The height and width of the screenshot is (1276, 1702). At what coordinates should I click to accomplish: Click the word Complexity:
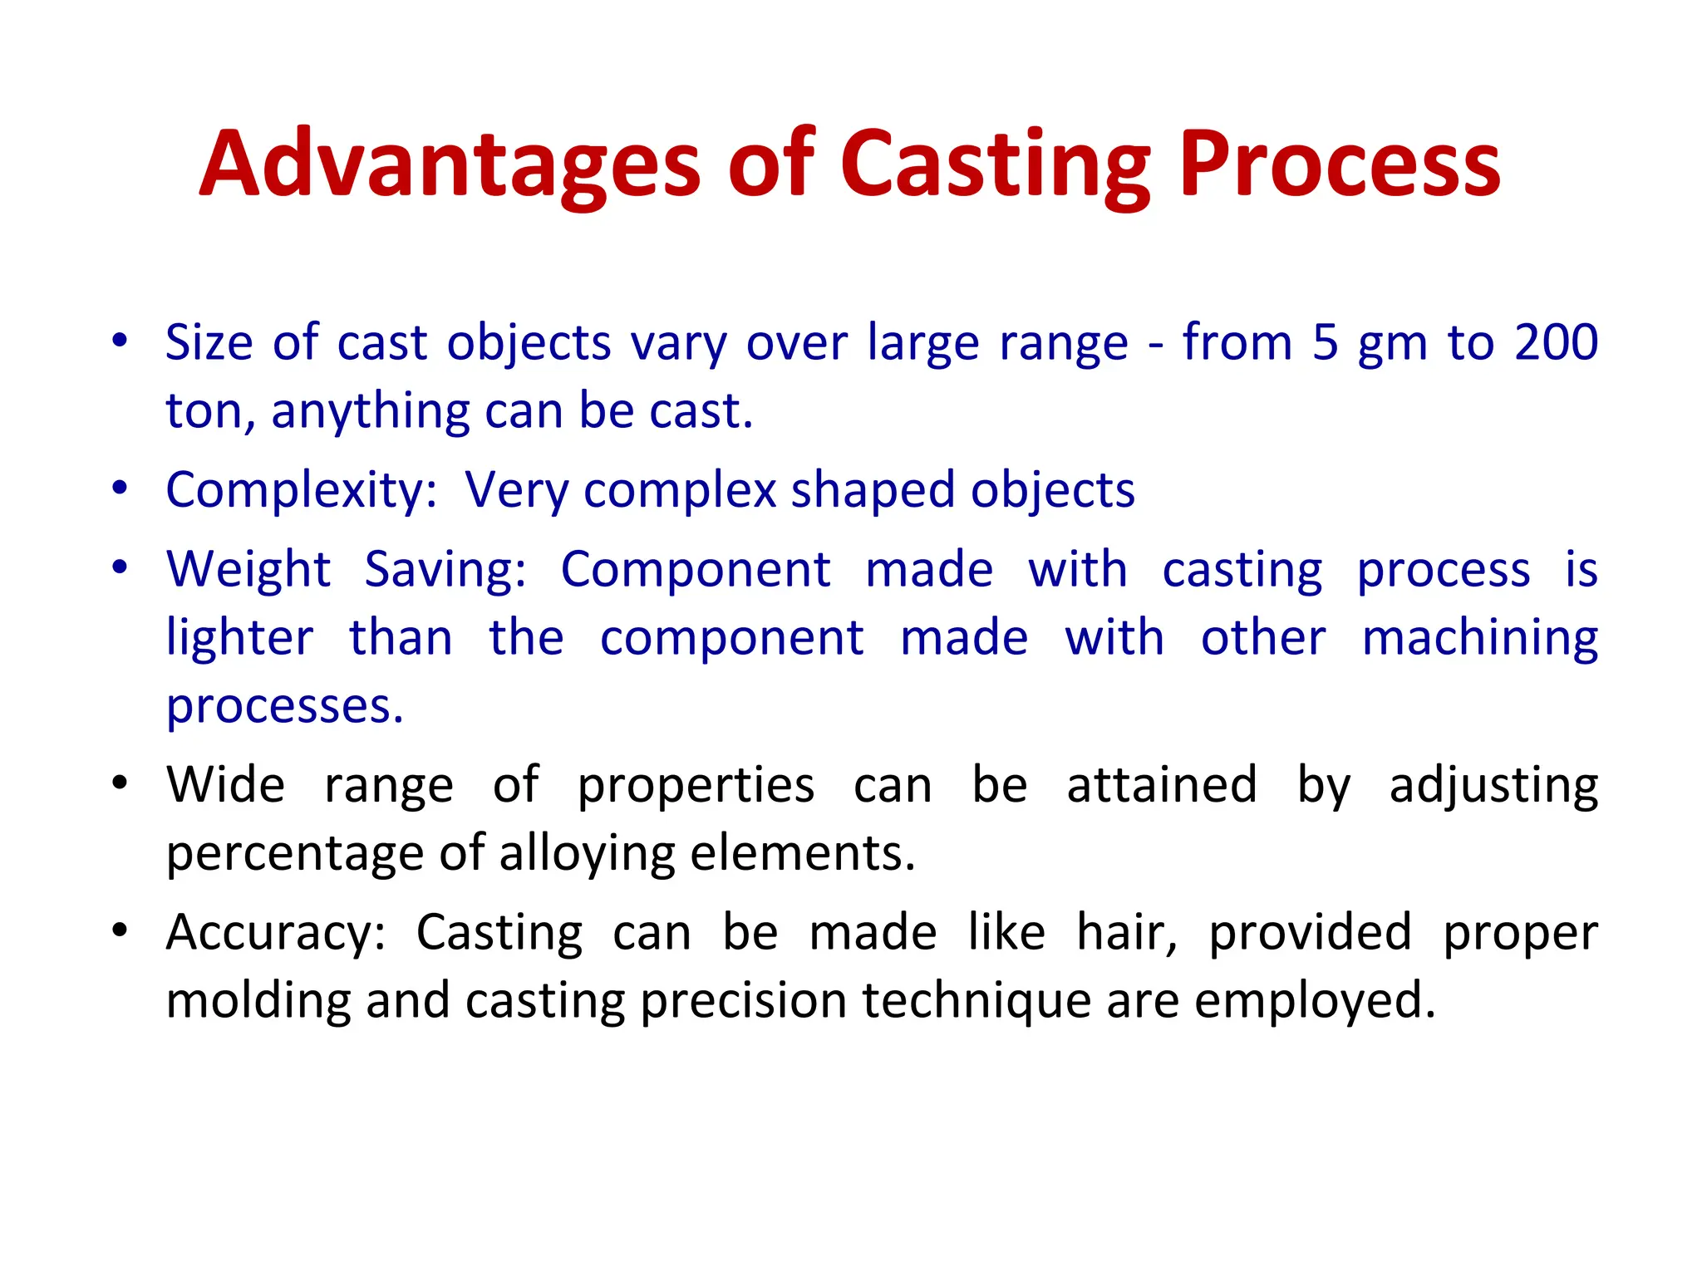[x=302, y=490]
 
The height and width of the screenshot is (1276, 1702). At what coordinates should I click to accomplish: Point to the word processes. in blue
[x=284, y=706]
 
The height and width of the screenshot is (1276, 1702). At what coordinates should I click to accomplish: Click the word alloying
[x=587, y=853]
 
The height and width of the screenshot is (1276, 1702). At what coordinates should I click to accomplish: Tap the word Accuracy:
[x=276, y=932]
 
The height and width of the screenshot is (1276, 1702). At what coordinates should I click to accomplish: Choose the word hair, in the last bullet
[x=1127, y=932]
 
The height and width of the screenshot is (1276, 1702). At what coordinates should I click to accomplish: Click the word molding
[x=258, y=1000]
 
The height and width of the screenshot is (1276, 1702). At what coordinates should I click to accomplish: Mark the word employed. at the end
[x=1315, y=1000]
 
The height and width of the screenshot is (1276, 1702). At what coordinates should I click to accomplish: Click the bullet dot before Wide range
[x=121, y=783]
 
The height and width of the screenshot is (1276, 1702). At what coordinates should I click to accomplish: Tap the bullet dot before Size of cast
[x=121, y=341]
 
